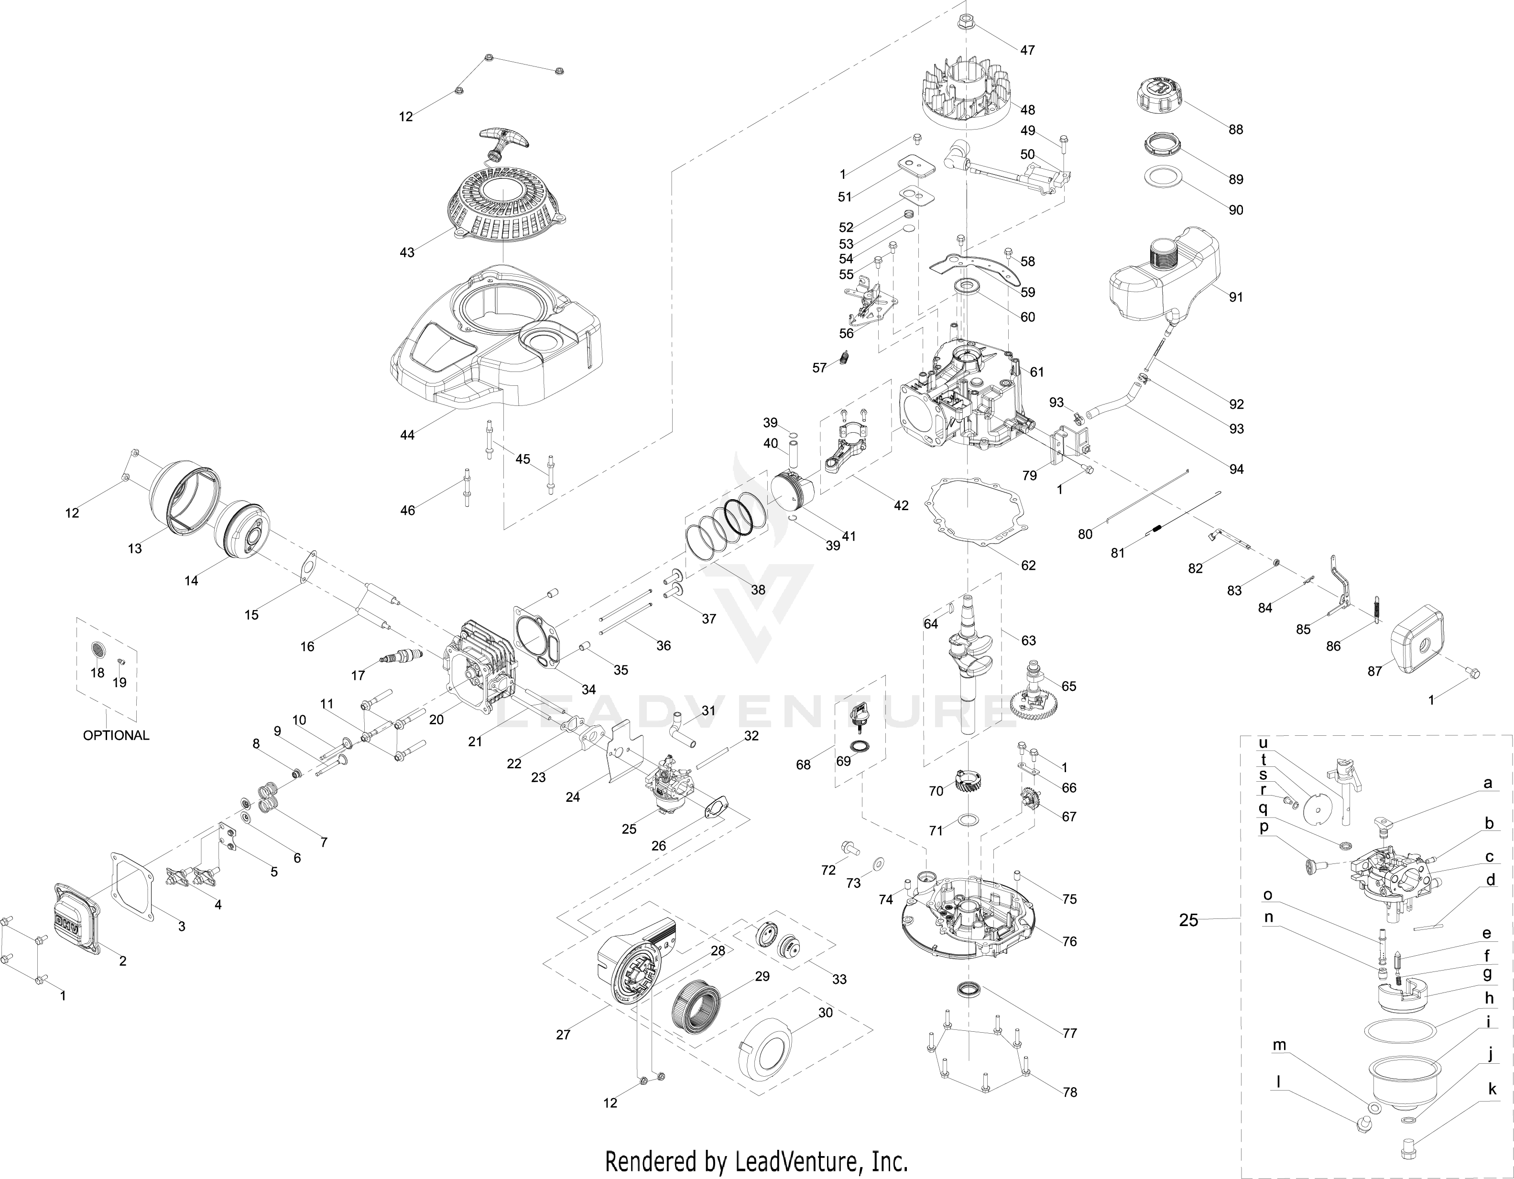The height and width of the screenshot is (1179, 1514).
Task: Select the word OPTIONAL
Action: (116, 735)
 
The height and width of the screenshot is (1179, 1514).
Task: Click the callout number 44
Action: (407, 435)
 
